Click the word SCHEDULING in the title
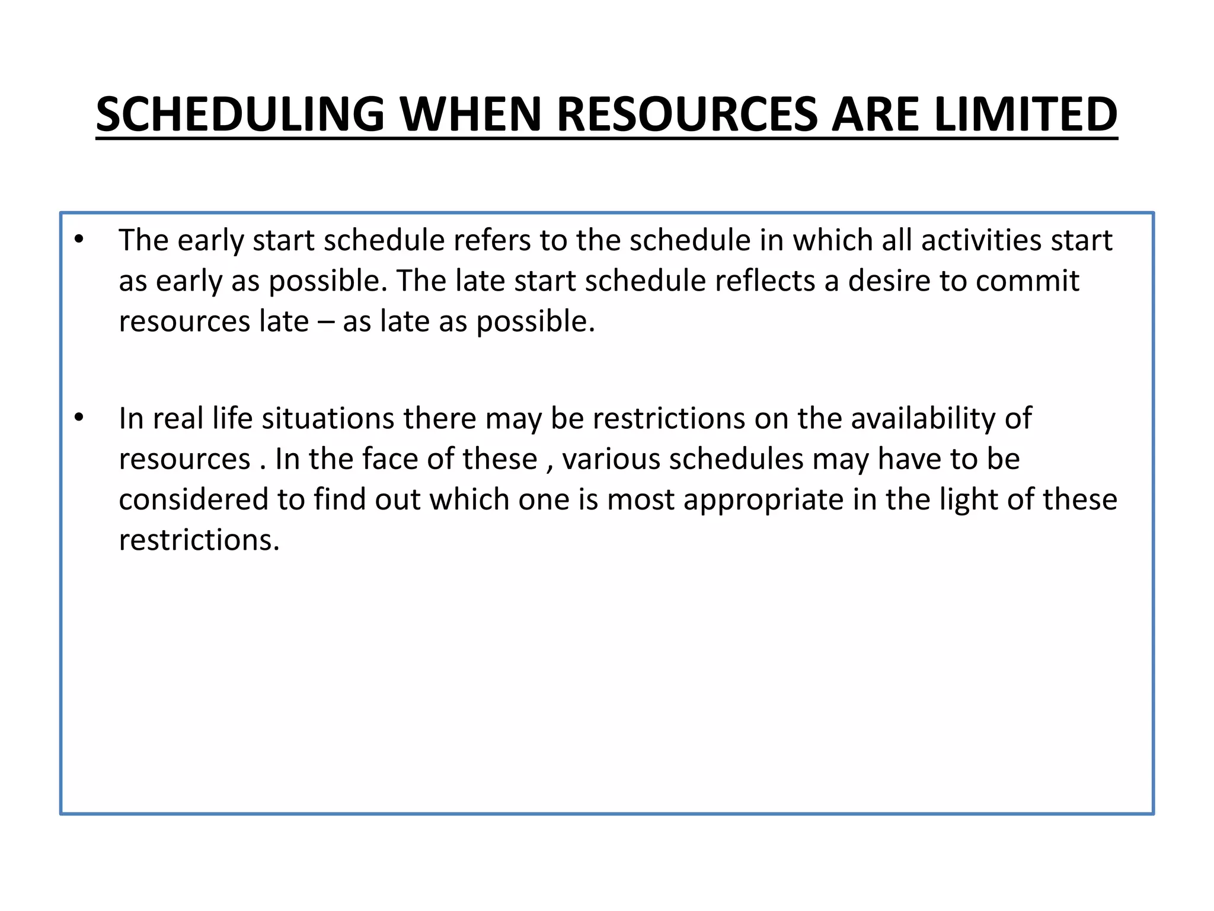coord(241,114)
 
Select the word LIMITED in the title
coord(1025,114)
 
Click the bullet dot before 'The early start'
coord(79,240)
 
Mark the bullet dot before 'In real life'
coord(79,418)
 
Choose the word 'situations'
coord(328,418)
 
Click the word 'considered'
coord(193,499)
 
